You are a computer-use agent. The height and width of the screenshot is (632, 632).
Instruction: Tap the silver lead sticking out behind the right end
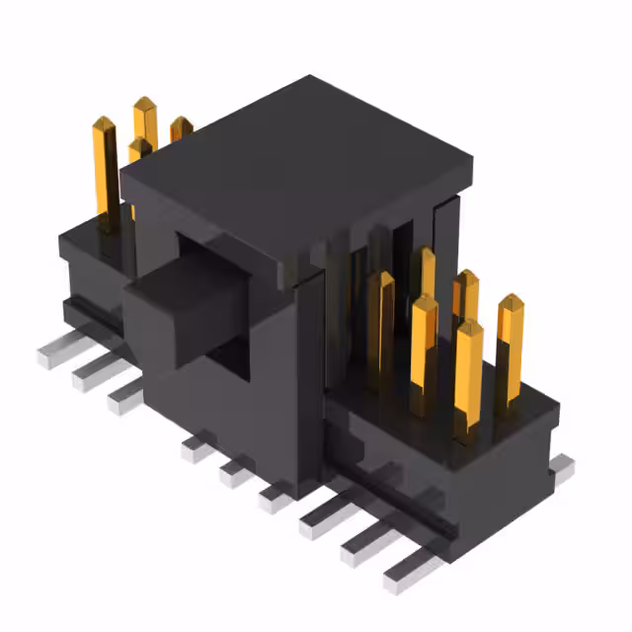(561, 470)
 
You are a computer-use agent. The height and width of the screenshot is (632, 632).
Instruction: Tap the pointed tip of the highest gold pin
(145, 103)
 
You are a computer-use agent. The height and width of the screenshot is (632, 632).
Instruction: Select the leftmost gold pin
(105, 168)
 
